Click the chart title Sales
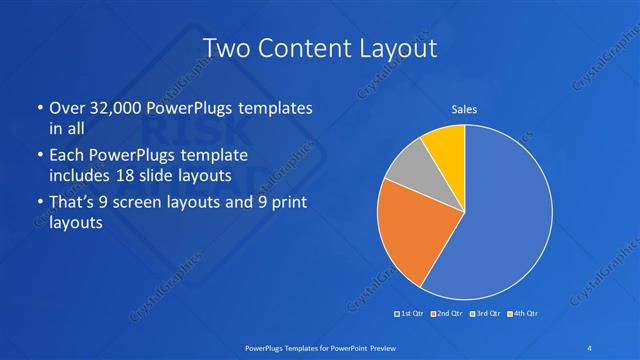tap(463, 109)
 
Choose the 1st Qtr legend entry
tap(409, 314)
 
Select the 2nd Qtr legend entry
tap(447, 314)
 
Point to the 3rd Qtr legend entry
tap(486, 314)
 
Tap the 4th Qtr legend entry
tap(524, 314)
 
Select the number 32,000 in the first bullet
tap(109, 107)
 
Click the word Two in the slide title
tap(227, 47)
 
